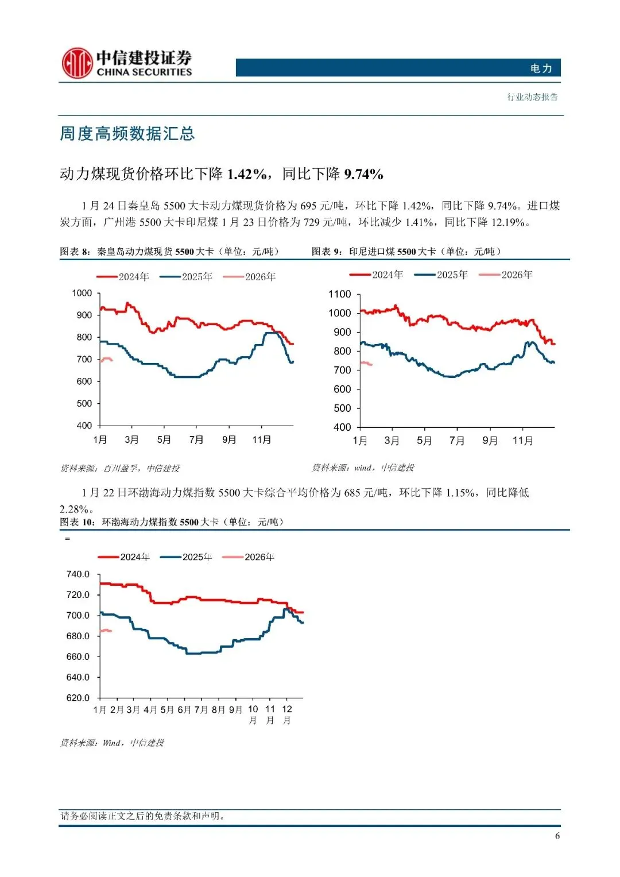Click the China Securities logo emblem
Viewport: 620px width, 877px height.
pyautogui.click(x=77, y=63)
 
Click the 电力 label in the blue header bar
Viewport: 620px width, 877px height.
pyautogui.click(x=541, y=68)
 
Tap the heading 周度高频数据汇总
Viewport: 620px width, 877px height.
pyautogui.click(x=127, y=134)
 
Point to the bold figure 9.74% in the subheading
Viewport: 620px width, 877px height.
pyautogui.click(x=363, y=174)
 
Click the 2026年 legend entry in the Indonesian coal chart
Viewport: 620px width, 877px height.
pyautogui.click(x=506, y=275)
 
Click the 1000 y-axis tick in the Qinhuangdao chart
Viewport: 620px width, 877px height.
pyautogui.click(x=82, y=293)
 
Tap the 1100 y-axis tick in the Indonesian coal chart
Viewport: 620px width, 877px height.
pyautogui.click(x=339, y=294)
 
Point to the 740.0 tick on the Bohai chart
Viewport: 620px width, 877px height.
pyautogui.click(x=78, y=574)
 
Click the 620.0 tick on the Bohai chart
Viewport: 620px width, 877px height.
pyautogui.click(x=78, y=698)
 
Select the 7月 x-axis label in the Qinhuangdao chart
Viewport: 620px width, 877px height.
pyautogui.click(x=196, y=440)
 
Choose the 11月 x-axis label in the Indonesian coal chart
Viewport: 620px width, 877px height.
pyautogui.click(x=522, y=441)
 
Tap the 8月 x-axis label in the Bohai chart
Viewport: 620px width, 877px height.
pyautogui.click(x=218, y=710)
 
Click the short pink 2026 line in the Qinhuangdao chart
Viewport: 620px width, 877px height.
pyautogui.click(x=106, y=360)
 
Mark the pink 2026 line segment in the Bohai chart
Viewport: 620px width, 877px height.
pyautogui.click(x=106, y=631)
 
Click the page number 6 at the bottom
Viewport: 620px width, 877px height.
pyautogui.click(x=557, y=836)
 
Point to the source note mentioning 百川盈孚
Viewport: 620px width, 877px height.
pyautogui.click(x=120, y=469)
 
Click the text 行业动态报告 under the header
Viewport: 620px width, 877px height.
pyautogui.click(x=532, y=97)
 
